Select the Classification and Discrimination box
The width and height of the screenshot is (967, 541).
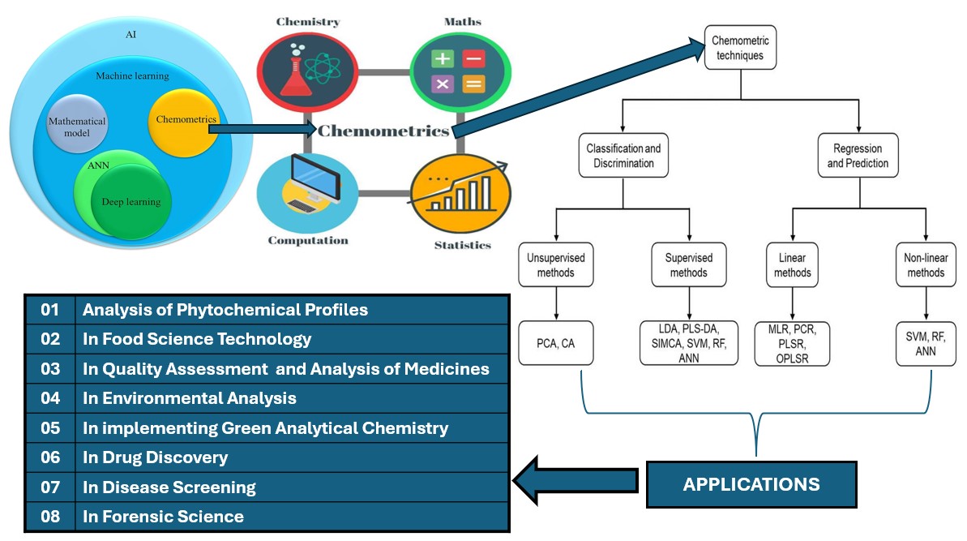(x=623, y=157)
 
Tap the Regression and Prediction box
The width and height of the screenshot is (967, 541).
(x=858, y=157)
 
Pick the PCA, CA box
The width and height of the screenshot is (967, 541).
(x=555, y=342)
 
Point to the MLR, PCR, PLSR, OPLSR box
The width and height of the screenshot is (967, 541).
(x=793, y=342)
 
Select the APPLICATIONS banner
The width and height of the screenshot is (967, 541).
(x=751, y=485)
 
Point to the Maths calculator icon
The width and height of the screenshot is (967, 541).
(x=459, y=71)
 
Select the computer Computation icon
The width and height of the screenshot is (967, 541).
(x=307, y=191)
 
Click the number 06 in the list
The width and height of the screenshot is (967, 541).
(x=50, y=457)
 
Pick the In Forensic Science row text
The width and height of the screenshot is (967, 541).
(x=163, y=517)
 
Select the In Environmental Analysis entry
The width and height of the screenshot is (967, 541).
(x=190, y=398)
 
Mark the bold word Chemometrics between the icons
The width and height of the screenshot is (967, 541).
(x=383, y=131)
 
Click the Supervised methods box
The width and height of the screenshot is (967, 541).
(x=689, y=265)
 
